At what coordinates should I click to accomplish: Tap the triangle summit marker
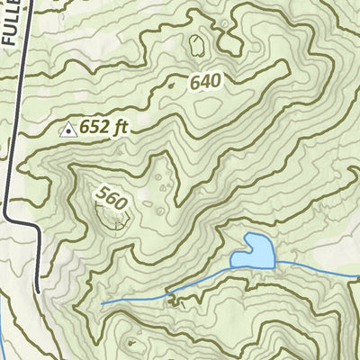pos(67,130)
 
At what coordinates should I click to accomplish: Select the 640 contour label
pos(205,82)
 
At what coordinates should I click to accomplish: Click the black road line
pos(19,108)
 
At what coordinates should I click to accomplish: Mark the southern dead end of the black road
pos(38,290)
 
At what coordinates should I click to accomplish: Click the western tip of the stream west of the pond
pos(102,303)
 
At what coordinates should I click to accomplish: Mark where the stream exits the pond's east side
pos(274,261)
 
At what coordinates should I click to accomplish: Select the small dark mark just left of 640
pos(171,85)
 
